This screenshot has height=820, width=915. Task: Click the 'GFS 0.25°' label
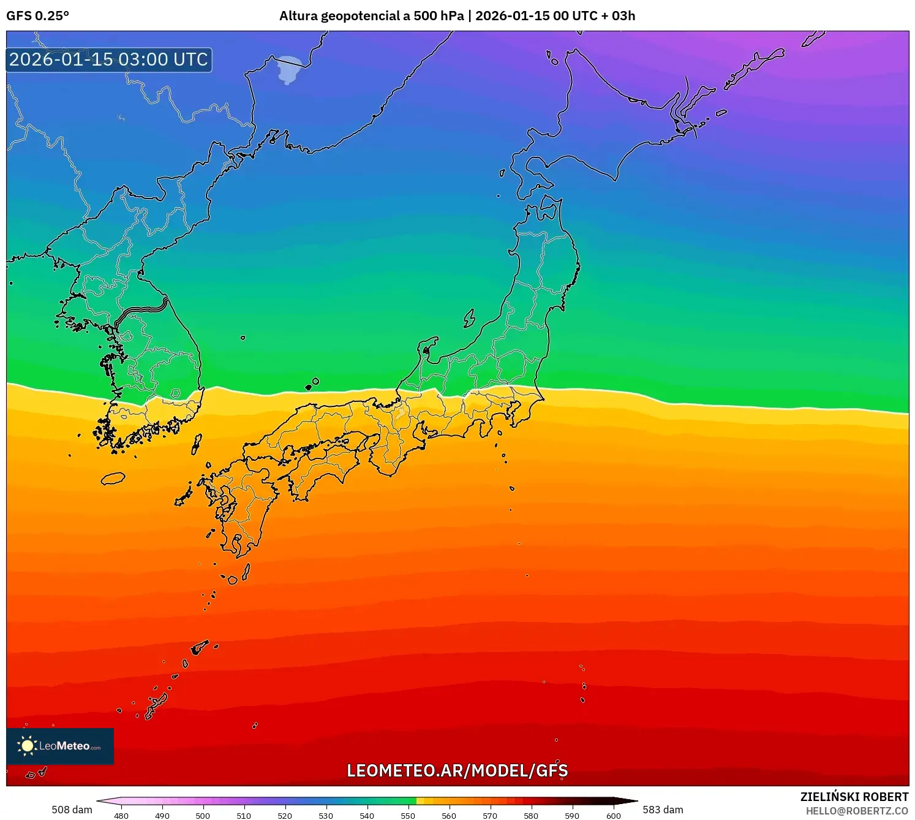[x=37, y=16]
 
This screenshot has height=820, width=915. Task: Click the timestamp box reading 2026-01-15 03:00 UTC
[x=109, y=59]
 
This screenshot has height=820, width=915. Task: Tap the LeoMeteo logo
[x=60, y=746]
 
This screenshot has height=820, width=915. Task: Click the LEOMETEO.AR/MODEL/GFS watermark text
[x=457, y=770]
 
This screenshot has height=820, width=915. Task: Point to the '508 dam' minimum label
[x=72, y=810]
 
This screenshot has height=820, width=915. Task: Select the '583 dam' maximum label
[x=663, y=810]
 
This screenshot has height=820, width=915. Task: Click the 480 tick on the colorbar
[x=121, y=816]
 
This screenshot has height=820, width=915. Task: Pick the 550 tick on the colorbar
[x=408, y=816]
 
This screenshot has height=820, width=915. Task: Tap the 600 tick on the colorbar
[x=613, y=816]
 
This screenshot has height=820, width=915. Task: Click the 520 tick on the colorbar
[x=285, y=816]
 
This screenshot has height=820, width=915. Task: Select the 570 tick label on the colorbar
[x=490, y=816]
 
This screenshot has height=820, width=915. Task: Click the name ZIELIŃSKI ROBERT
[x=854, y=797]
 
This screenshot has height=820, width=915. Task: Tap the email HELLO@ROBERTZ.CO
[x=857, y=811]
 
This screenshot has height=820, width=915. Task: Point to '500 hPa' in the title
[x=439, y=16]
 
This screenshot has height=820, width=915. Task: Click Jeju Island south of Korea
[x=113, y=479]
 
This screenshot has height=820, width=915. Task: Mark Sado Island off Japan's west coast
[x=469, y=318]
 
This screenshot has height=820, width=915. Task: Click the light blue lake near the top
[x=289, y=69]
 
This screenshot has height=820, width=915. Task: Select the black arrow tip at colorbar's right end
[x=634, y=801]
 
